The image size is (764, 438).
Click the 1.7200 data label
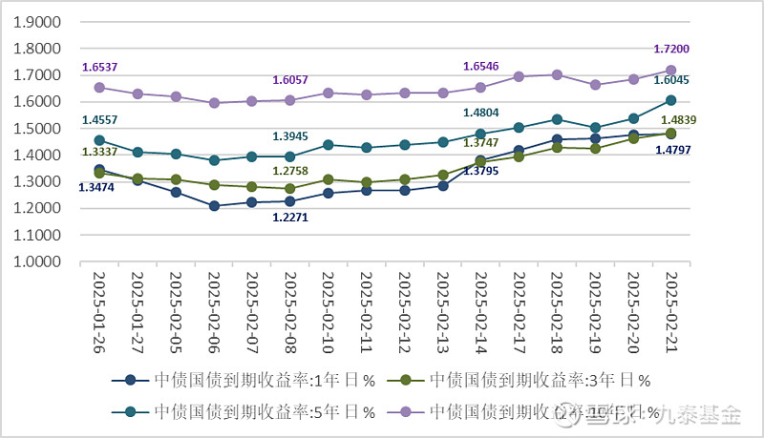671,49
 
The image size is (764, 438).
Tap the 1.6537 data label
100,68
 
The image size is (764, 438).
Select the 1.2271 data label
290,218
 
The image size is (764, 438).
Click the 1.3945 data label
290,136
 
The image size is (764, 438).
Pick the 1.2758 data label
290,171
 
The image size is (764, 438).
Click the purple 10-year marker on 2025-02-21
670,71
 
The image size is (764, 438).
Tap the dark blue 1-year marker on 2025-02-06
214,206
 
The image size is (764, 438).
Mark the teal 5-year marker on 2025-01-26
99,140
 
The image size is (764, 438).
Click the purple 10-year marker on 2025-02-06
214,103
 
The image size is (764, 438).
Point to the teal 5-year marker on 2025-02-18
557,119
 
